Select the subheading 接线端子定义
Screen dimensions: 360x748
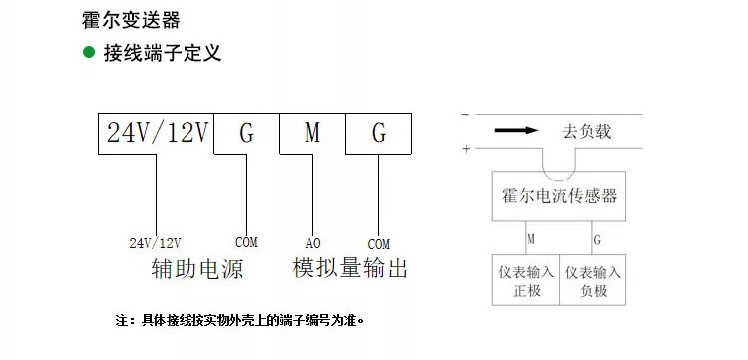click(x=162, y=53)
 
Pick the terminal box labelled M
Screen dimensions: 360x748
click(x=312, y=133)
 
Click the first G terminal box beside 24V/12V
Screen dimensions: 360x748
click(x=246, y=133)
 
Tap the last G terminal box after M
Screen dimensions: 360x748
click(x=379, y=133)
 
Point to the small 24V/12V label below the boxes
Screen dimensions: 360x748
click(x=156, y=243)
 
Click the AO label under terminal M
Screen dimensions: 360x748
click(x=312, y=243)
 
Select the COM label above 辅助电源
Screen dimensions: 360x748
click(x=246, y=242)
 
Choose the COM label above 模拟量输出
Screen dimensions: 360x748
click(x=379, y=243)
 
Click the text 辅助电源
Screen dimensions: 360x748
click(x=196, y=269)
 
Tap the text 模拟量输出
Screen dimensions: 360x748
click(x=350, y=268)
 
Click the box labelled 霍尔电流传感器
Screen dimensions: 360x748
click(x=560, y=196)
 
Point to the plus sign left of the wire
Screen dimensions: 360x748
click(x=465, y=150)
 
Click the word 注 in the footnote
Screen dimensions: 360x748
click(x=122, y=321)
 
